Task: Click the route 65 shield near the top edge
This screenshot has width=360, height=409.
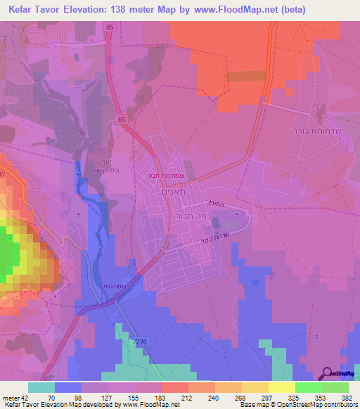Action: coord(110,26)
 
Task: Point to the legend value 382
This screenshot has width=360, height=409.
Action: coord(348,397)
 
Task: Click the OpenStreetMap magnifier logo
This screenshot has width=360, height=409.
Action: coord(328,374)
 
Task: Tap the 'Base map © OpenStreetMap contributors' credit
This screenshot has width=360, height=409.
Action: coord(302,405)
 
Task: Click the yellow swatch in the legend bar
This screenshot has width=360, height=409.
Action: coord(281,387)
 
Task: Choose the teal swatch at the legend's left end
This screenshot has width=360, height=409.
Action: coord(41,387)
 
